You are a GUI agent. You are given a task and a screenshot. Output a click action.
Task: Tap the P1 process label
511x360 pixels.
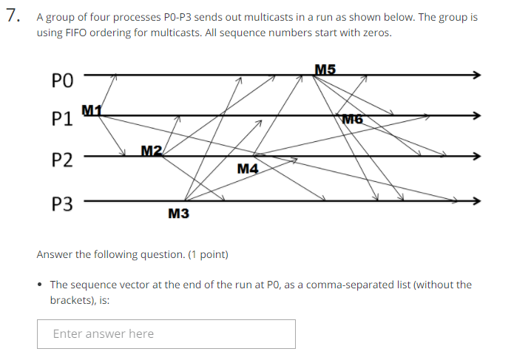coord(64,119)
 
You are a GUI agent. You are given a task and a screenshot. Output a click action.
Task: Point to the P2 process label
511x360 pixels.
coord(64,160)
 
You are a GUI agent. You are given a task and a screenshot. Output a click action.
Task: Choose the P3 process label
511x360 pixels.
coord(64,203)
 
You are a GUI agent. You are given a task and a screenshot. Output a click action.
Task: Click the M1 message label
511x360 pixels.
coord(91,111)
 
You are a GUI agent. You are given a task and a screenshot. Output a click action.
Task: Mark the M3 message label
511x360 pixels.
coord(178,214)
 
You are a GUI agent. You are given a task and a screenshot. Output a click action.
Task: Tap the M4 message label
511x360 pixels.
coord(248,169)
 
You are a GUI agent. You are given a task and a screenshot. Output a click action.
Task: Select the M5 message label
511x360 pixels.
coord(325,69)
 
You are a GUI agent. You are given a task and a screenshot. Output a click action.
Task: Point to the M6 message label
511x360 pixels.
coord(353,118)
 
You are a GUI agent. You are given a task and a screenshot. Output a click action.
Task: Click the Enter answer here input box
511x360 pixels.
coord(166,333)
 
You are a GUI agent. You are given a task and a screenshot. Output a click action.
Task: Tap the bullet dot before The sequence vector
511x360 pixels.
coord(41,285)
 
